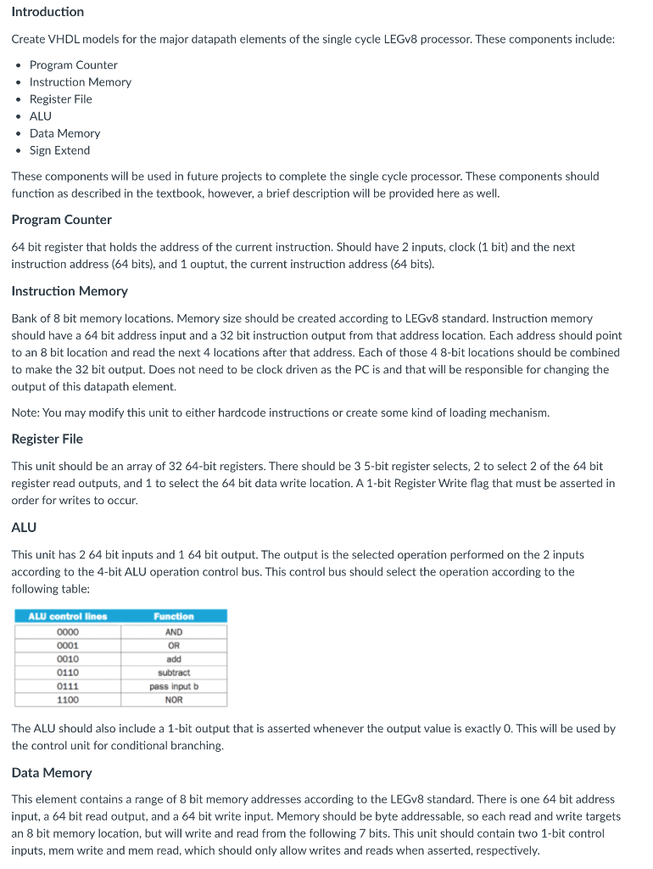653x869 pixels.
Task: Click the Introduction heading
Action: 47,12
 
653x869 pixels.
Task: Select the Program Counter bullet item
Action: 73,65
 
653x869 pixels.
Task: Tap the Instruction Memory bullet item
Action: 80,82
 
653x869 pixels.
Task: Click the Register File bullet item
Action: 60,99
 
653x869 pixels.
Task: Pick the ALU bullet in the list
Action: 40,116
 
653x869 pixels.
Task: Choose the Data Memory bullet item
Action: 64,133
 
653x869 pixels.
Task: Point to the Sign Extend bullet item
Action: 59,150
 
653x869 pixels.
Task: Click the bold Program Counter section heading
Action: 61,220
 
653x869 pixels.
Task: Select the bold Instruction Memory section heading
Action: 70,291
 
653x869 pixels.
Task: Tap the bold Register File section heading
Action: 47,439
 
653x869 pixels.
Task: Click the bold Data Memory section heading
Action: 52,773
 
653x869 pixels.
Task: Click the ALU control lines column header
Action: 68,616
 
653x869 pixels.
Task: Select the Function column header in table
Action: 174,616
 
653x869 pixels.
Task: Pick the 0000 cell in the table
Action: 68,632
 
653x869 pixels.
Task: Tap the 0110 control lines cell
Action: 68,672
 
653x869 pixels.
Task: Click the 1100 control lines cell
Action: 68,700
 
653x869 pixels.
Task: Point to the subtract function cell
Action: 174,672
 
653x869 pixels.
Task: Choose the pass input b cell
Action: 174,686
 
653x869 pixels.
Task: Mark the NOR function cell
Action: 174,700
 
